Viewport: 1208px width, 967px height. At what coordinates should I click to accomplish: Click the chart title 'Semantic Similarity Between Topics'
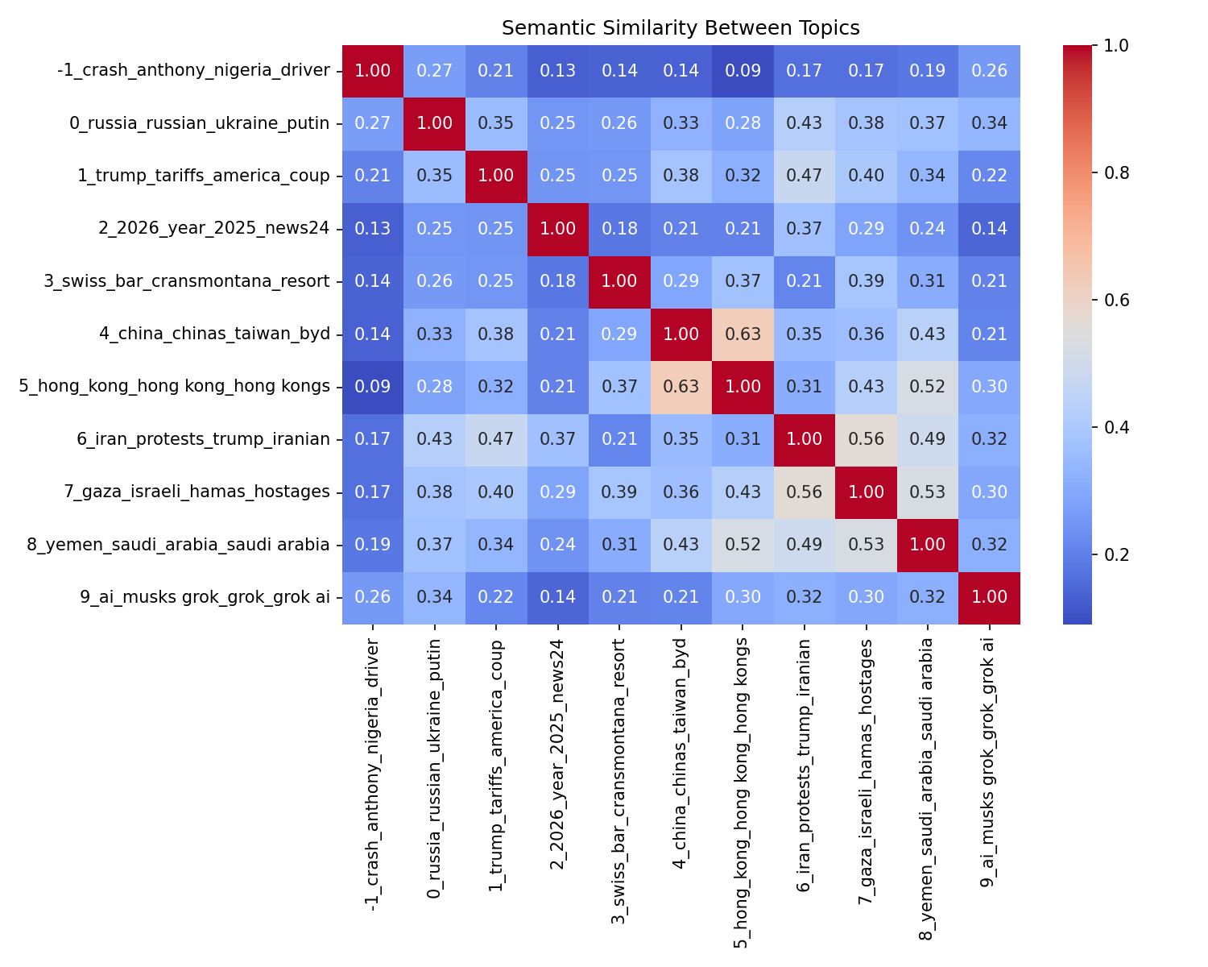pos(681,28)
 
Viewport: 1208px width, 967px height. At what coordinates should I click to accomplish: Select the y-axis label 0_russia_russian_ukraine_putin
pos(200,123)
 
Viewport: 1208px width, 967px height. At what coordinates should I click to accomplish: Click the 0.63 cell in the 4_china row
pos(743,334)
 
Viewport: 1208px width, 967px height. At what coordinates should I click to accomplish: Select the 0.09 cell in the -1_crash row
pos(743,71)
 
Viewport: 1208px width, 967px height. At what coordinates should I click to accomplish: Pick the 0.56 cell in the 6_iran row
pos(866,439)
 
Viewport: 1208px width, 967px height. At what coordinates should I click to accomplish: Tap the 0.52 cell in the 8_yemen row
pos(743,545)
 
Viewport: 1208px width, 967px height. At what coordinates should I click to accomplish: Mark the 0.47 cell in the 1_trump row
pos(805,176)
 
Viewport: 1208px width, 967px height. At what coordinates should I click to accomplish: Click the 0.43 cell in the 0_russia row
pos(805,123)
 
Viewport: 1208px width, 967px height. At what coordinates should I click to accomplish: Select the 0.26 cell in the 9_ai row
pos(372,598)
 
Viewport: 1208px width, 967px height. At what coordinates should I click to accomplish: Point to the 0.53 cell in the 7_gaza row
pos(928,492)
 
